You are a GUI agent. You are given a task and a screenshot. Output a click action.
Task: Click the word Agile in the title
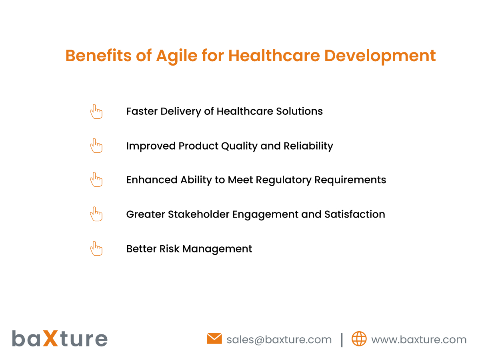pyautogui.click(x=177, y=56)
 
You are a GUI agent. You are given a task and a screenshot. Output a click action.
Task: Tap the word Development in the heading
pyautogui.click(x=380, y=56)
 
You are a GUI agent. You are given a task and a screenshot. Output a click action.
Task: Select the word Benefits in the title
pyautogui.click(x=98, y=56)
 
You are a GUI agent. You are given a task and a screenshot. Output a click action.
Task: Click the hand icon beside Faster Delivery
pyautogui.click(x=96, y=112)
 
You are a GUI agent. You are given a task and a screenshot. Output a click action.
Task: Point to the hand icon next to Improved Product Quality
pyautogui.click(x=96, y=145)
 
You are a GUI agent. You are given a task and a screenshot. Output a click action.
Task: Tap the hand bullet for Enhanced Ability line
pyautogui.click(x=96, y=179)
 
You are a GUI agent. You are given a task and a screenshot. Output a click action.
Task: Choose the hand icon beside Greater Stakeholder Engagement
pyautogui.click(x=96, y=214)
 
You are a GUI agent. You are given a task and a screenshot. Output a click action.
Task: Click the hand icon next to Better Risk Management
pyautogui.click(x=96, y=248)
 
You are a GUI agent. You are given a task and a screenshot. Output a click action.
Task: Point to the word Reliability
pyautogui.click(x=308, y=146)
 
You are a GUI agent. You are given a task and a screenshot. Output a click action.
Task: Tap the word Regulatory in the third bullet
pyautogui.click(x=284, y=180)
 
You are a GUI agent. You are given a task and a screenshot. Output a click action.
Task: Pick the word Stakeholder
pyautogui.click(x=198, y=214)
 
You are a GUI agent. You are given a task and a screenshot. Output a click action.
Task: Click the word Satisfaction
pyautogui.click(x=354, y=214)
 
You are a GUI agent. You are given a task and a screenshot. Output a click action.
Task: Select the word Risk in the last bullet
pyautogui.click(x=169, y=249)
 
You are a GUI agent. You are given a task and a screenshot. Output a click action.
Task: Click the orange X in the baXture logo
pyautogui.click(x=50, y=338)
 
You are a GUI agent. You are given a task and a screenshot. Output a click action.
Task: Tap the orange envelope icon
pyautogui.click(x=214, y=338)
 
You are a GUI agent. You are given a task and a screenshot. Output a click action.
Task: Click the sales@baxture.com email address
pyautogui.click(x=279, y=340)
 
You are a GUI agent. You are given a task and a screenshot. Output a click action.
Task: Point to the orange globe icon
pyautogui.click(x=359, y=339)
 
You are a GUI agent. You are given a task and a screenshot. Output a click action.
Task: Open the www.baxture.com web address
pyautogui.click(x=419, y=340)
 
